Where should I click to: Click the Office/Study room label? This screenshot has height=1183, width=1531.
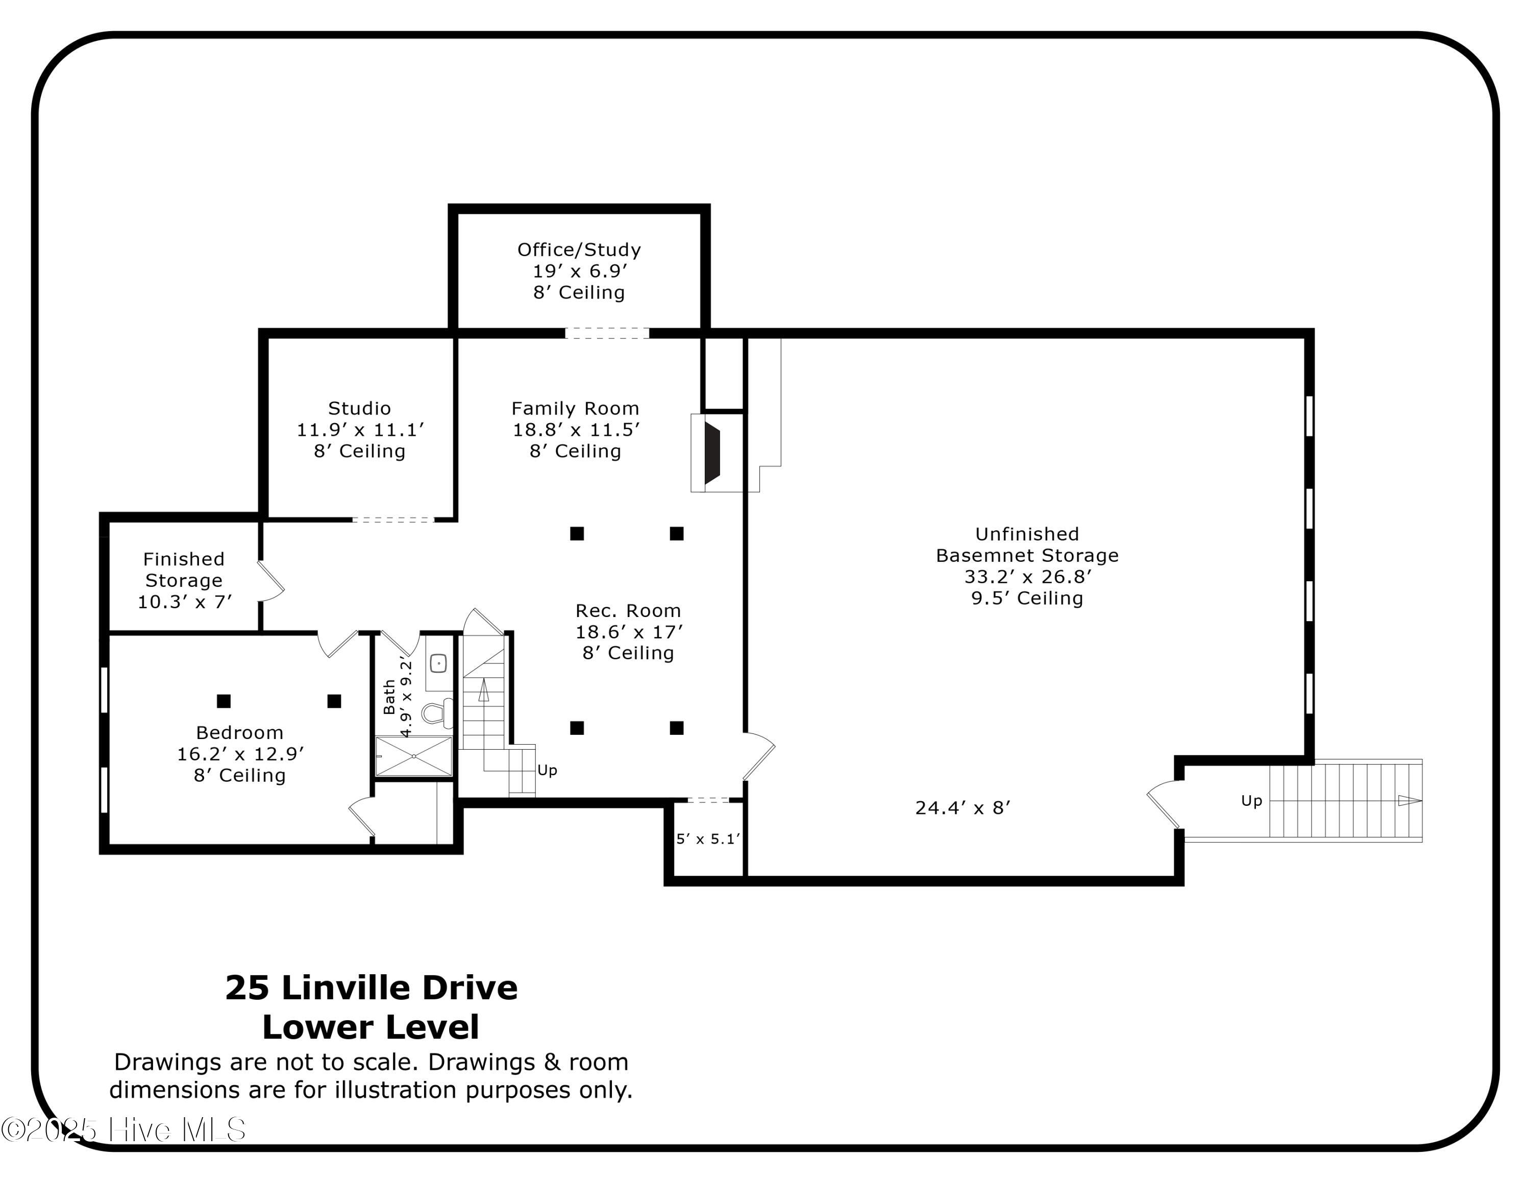coord(579,250)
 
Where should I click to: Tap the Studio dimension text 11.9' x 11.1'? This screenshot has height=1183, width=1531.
coord(360,430)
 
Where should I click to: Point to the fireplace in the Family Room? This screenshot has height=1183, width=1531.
coord(711,453)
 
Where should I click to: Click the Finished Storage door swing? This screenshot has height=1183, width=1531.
coord(272,581)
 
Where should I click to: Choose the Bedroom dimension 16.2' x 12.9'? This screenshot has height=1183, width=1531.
coord(240,754)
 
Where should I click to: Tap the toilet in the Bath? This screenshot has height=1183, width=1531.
coord(436,712)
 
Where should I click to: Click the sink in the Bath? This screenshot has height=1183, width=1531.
coord(438,662)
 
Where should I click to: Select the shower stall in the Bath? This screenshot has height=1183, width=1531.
coord(413,756)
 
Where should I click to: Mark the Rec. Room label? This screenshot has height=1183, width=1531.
coord(628,611)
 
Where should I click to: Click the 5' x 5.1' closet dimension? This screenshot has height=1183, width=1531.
coord(708,839)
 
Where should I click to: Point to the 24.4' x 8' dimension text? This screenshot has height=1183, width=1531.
coord(962,808)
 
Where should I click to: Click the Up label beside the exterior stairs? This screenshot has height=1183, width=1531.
coord(1251,800)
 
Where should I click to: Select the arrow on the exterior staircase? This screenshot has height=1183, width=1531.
coord(1410,800)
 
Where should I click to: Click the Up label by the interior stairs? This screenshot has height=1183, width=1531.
coord(547,770)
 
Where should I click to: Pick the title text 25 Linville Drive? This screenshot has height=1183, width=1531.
coord(372,988)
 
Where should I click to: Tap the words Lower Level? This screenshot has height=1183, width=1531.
coord(371,1027)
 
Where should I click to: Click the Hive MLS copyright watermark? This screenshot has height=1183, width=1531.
coord(124,1130)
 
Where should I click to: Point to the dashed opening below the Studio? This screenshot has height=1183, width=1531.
coord(393,520)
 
